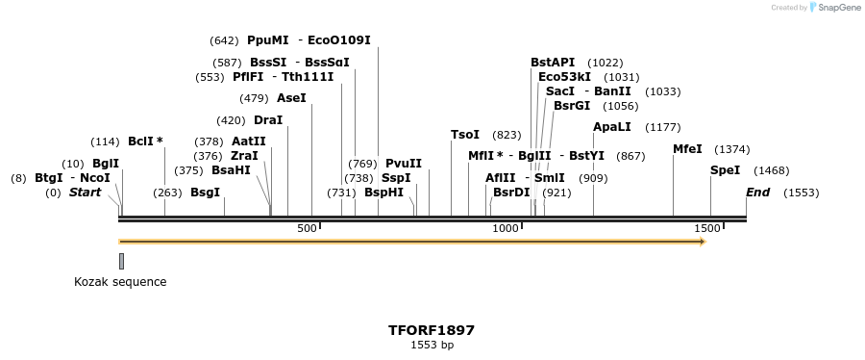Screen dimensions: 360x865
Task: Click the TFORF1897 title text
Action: [432, 330]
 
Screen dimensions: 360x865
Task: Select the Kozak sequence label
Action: [120, 282]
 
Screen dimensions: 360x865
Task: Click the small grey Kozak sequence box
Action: [121, 260]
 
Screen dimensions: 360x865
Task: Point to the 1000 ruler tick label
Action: [506, 228]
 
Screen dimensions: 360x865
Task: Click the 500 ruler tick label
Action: [307, 228]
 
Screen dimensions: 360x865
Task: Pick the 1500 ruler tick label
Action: [706, 228]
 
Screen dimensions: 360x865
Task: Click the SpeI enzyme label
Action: [725, 170]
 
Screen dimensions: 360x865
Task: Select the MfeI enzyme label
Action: [687, 149]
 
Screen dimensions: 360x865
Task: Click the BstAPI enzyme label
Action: [553, 63]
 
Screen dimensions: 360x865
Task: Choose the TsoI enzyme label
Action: [465, 135]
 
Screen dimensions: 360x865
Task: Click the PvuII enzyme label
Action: [404, 164]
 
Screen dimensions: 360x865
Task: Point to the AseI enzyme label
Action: [291, 98]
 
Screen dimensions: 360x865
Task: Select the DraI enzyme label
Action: [268, 120]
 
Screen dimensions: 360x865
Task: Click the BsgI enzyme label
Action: [205, 193]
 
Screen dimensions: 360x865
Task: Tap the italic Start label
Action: [85, 193]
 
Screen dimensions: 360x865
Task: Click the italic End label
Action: [757, 193]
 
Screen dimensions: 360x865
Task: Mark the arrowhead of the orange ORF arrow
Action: [702, 242]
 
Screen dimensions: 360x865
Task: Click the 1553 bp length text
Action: [432, 345]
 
